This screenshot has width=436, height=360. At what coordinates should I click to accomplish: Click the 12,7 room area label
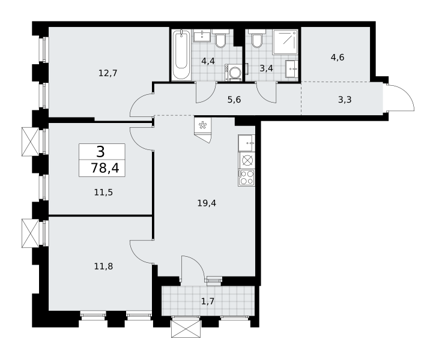click(x=108, y=73)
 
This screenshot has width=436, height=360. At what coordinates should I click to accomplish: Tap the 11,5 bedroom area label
click(x=103, y=192)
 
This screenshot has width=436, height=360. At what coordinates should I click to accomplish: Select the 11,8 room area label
click(x=103, y=266)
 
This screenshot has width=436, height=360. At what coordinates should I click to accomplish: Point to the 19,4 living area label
click(x=207, y=203)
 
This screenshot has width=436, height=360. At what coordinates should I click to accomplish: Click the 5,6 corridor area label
click(x=234, y=100)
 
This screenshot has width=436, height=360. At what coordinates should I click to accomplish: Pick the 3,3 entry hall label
click(x=345, y=100)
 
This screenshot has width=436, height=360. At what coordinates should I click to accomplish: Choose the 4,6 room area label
click(x=338, y=58)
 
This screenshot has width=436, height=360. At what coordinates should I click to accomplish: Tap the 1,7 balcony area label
click(x=207, y=301)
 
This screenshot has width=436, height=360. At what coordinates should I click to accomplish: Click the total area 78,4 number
click(x=105, y=169)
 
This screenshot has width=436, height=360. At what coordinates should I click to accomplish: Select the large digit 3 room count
click(x=101, y=152)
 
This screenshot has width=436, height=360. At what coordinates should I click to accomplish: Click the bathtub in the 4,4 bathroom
click(x=181, y=55)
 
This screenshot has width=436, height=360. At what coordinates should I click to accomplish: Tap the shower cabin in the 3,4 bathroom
click(x=285, y=42)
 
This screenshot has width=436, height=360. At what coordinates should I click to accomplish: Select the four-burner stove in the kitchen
click(x=247, y=178)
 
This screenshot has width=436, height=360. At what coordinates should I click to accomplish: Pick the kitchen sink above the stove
click(x=247, y=143)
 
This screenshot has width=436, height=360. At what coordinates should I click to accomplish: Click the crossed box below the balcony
click(x=186, y=329)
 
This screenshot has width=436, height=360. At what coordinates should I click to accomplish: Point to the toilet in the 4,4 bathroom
click(x=222, y=38)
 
